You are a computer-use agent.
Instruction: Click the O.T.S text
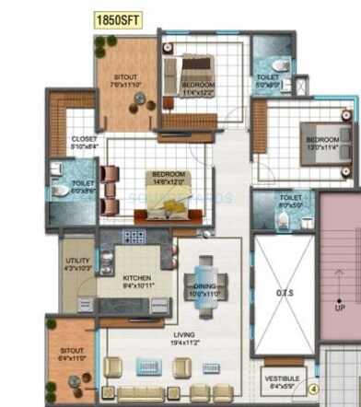284,294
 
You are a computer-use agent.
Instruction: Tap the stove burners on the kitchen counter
134,237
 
